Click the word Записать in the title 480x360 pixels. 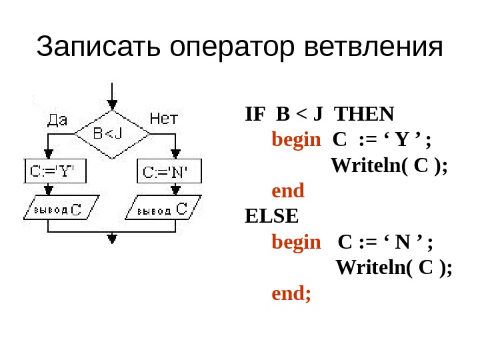coord(99,47)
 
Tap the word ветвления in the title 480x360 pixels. coord(372,47)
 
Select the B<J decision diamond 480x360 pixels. coord(111,134)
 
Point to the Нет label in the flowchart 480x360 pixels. coord(163,120)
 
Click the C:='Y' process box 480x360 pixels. coord(51,172)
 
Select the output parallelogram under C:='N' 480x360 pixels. coord(163,209)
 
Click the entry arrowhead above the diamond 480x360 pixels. coord(112,104)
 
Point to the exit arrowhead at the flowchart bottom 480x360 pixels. coord(112,237)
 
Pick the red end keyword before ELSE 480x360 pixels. coord(288,191)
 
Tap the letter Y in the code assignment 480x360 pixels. coord(401,141)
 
